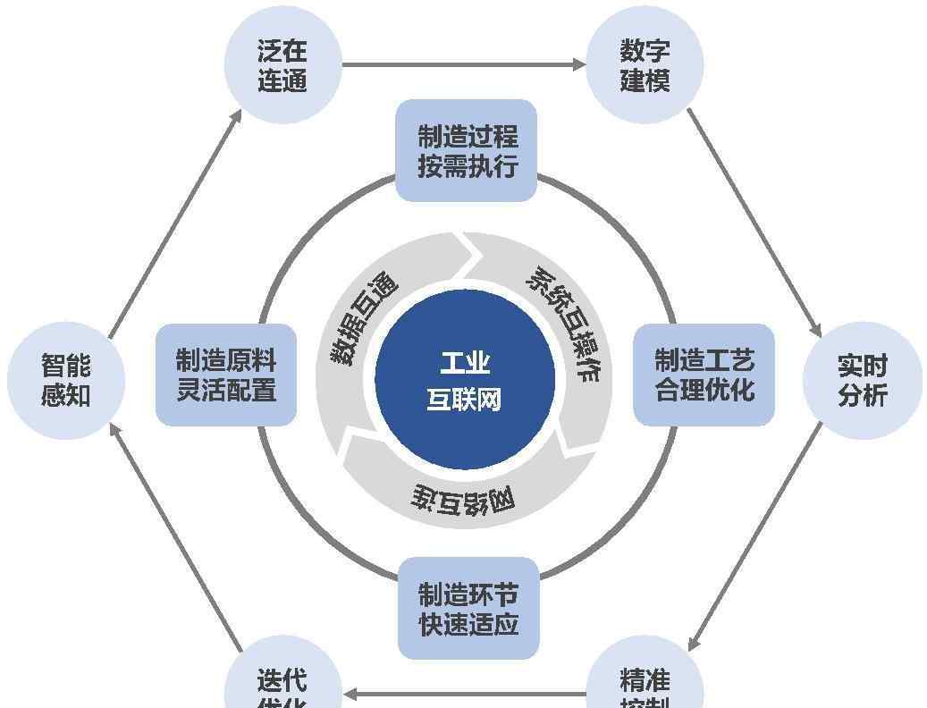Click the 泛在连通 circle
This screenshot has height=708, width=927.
coord(282,65)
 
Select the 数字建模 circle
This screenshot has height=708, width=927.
coord(645,65)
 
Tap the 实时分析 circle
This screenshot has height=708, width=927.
coord(862,380)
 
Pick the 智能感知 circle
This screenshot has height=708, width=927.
coord(66,380)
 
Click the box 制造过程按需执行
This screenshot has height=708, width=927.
coord(467,150)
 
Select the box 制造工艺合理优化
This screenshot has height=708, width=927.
coord(704,375)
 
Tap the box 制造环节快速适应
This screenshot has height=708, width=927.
coord(468,608)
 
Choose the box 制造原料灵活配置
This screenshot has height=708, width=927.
coord(226,375)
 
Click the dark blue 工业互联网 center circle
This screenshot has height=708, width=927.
coord(465,380)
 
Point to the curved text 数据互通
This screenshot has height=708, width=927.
coord(362,317)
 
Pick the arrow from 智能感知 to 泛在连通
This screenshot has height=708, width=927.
coord(175,223)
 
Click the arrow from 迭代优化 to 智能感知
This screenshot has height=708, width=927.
coord(175,536)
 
